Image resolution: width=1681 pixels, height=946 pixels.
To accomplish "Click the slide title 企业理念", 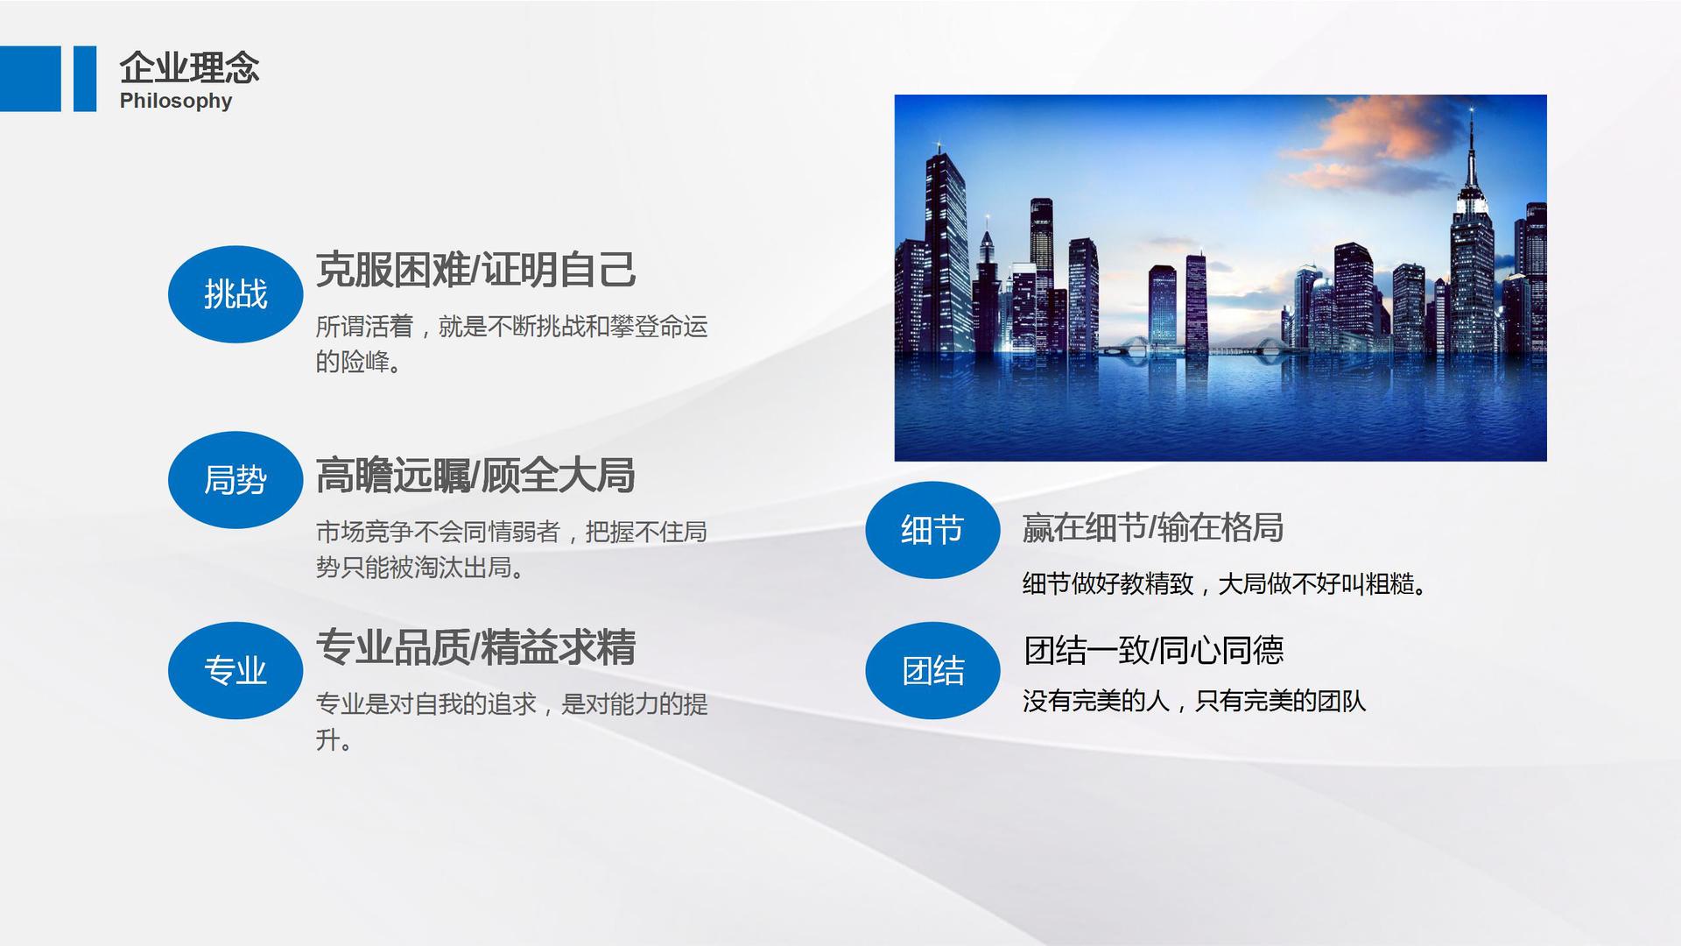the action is coord(189,67).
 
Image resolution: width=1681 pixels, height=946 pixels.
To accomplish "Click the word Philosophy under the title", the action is coord(176,101).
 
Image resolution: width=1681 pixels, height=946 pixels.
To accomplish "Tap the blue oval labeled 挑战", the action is coord(236,294).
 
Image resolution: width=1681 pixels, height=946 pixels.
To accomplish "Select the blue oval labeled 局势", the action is coord(236,480).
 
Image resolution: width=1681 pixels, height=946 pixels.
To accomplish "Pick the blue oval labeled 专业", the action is coord(236,671).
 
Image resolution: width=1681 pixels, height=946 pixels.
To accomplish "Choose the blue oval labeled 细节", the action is coord(932,530).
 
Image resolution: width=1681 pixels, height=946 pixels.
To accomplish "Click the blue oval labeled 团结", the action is coord(932,671).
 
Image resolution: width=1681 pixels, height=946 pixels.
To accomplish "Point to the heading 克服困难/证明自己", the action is coord(475,270).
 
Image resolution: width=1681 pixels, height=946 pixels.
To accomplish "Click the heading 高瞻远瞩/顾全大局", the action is coord(475,476).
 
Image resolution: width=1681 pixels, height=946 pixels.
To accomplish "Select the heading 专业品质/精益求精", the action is coord(475,647).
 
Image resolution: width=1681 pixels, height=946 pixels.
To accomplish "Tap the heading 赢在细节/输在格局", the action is coord(1153,527).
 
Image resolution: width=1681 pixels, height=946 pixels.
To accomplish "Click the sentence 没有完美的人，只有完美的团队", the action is coord(1194,701).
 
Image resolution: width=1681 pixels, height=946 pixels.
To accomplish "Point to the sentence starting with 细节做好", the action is coord(1226,583).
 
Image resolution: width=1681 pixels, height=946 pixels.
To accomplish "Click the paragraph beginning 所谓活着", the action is coord(511,344).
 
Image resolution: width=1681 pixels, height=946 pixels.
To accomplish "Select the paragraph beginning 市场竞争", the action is coord(511,550).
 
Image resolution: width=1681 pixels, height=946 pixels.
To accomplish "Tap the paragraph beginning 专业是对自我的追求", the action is coord(511,722).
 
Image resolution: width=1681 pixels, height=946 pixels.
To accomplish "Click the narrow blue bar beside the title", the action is coord(85,79).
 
